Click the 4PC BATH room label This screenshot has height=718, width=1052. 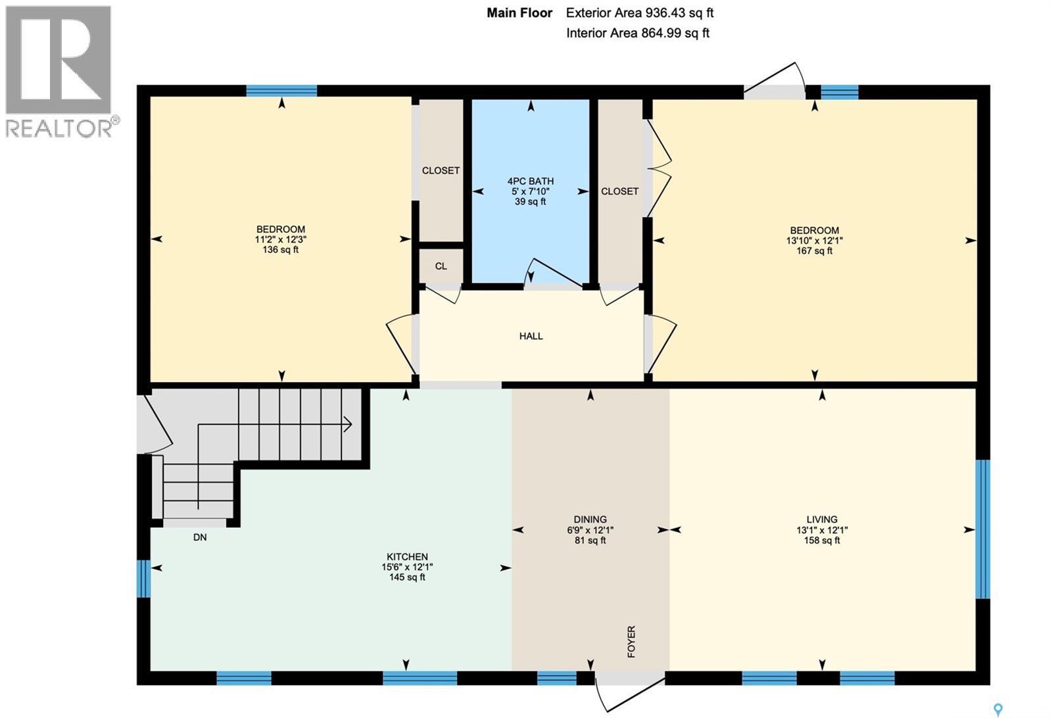pos(530,181)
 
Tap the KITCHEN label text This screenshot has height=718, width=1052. pos(407,556)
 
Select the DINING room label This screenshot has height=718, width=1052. pos(590,519)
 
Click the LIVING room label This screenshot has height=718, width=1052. pos(822,519)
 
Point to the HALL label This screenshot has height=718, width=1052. pos(531,336)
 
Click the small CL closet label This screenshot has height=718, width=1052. pos(441,266)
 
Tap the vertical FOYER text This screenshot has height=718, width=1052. pos(631,642)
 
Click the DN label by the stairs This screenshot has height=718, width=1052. pos(200,537)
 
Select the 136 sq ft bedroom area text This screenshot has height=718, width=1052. pos(280,250)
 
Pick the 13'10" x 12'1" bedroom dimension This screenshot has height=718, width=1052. pos(814,241)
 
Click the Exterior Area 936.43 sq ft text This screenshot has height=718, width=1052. pos(639,12)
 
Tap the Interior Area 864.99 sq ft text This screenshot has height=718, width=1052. pos(637,33)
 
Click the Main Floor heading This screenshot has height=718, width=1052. pos(519,12)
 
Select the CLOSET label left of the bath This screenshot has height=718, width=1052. pos(441,170)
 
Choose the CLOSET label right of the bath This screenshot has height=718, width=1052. pos(619,191)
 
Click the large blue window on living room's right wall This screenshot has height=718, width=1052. pos(982,529)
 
